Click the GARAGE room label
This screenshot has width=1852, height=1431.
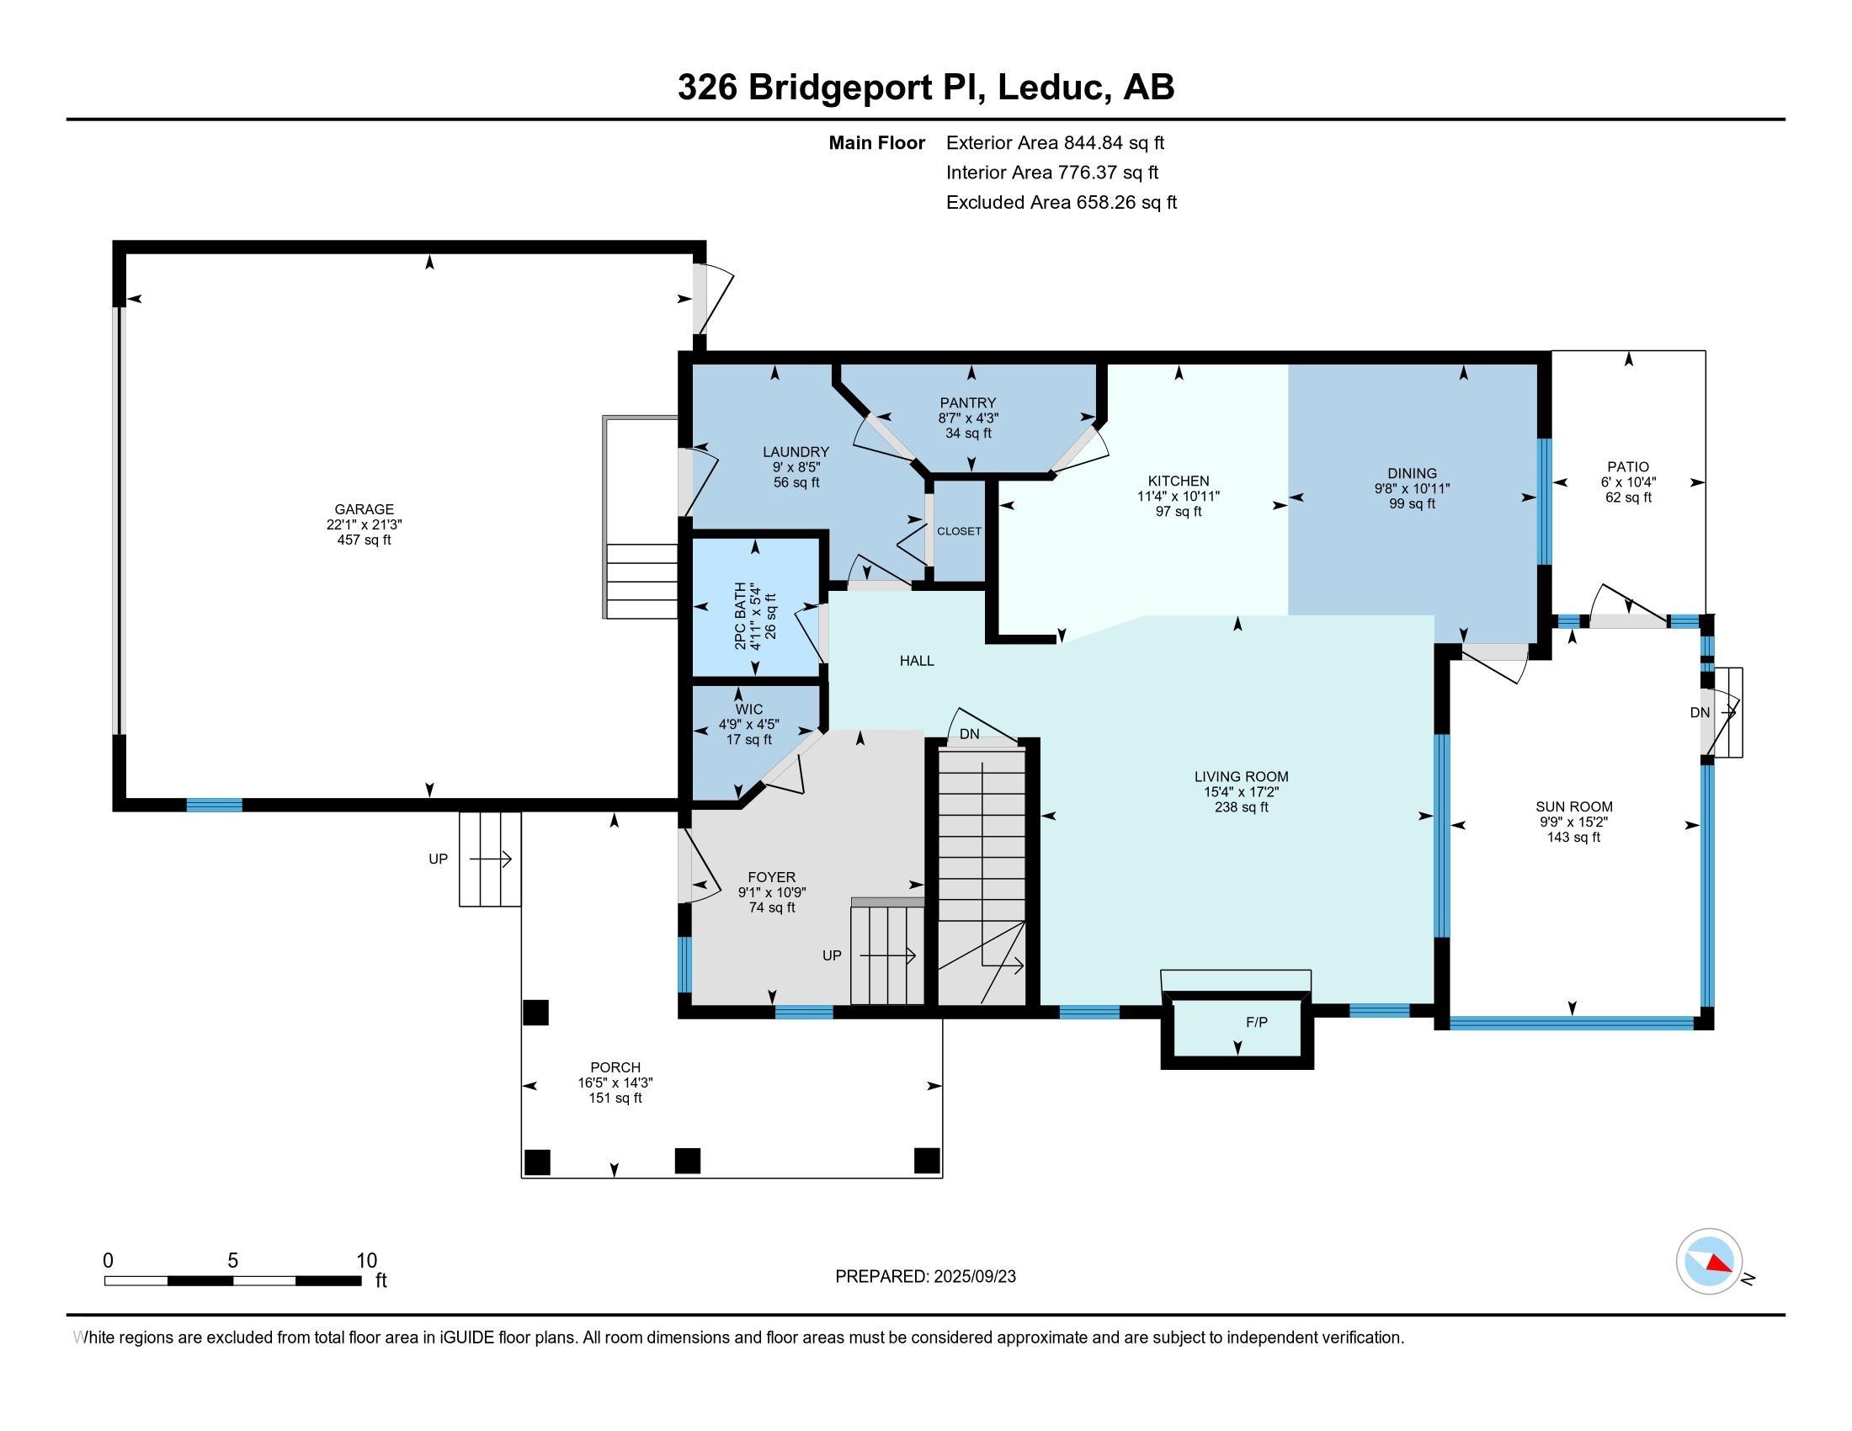tap(364, 509)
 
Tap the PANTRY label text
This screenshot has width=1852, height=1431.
tap(967, 402)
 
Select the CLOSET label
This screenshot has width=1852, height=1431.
tap(959, 531)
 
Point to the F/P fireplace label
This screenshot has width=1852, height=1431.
tap(1257, 1023)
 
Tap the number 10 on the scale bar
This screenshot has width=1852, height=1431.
tap(366, 1261)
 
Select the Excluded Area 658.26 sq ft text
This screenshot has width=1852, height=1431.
tap(1062, 203)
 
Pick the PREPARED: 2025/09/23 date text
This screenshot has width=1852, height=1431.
tap(925, 1277)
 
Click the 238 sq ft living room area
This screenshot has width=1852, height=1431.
tap(1242, 807)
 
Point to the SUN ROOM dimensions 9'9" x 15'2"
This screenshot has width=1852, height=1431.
tap(1574, 822)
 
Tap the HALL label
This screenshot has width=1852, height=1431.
tap(917, 661)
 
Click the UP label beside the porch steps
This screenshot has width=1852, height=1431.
tap(438, 859)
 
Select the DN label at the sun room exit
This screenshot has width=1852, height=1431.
tap(1700, 713)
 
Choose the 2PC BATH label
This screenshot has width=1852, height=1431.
tap(741, 616)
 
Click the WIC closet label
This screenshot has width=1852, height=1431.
tap(748, 710)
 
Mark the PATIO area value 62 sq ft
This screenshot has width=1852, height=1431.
tap(1628, 497)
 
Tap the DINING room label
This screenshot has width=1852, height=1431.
tap(1412, 474)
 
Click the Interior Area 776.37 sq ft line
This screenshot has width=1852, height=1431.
tap(1052, 173)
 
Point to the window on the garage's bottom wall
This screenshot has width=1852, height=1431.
tap(214, 806)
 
